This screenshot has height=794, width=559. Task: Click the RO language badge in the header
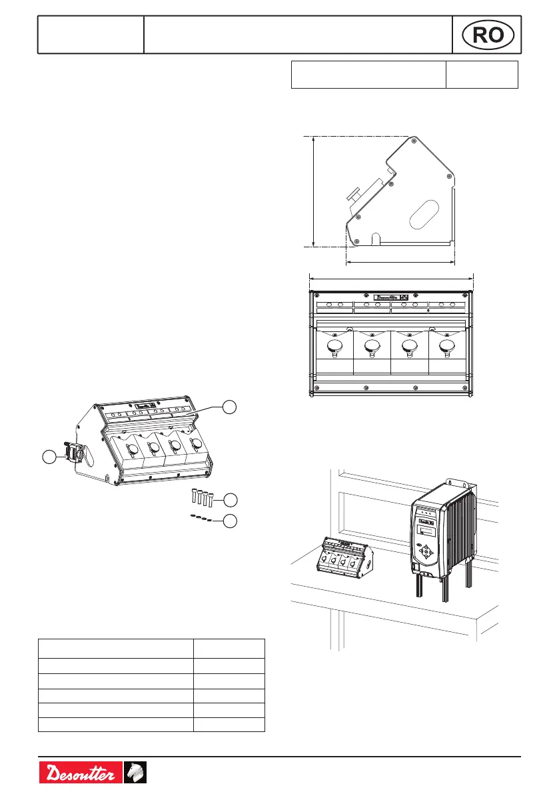point(488,35)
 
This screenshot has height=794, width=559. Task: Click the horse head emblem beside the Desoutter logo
point(136,773)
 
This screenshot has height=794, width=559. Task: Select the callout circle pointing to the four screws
point(229,499)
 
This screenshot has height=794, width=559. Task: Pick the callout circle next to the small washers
point(229,521)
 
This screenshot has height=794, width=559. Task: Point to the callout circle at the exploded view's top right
point(229,406)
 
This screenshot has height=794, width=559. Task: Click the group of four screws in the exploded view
point(197,497)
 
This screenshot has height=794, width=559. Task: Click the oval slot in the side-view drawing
point(422,217)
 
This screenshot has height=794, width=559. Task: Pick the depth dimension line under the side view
point(400,262)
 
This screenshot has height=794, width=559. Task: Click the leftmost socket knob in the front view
point(334,347)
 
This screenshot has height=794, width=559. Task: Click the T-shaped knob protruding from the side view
point(355,195)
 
